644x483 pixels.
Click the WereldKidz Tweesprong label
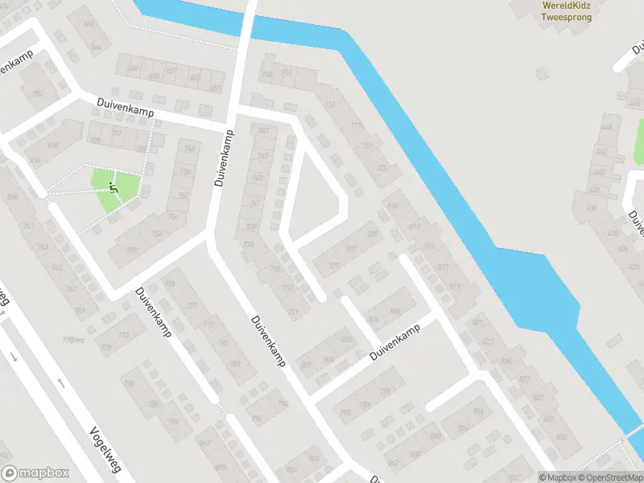point(567,10)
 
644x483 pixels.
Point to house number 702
point(36,94)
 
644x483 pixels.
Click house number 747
point(263,132)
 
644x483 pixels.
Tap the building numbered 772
point(124,336)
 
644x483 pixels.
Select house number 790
point(173,421)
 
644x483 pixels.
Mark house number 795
point(345,413)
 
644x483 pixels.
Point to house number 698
point(12,197)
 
